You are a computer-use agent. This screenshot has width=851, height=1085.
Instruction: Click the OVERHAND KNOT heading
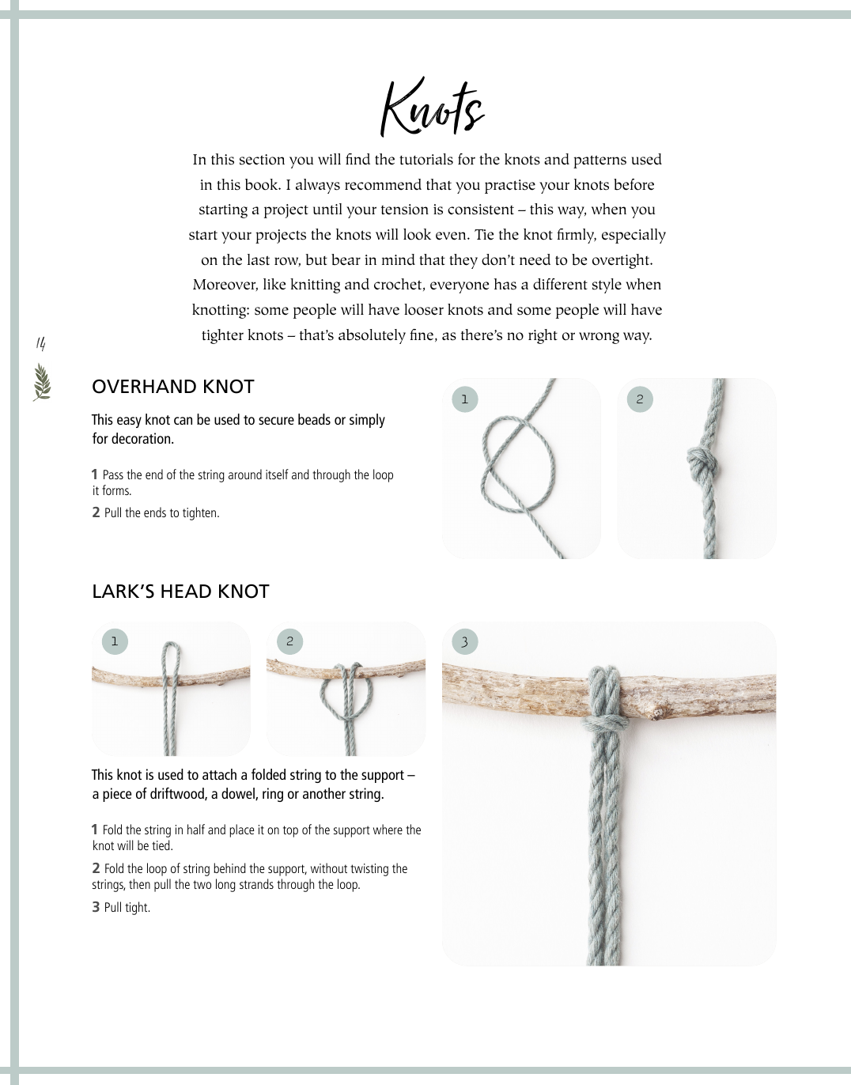[x=172, y=387]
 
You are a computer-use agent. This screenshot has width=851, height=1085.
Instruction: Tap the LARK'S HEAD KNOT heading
[x=180, y=592]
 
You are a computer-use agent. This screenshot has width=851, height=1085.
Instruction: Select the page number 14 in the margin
[x=40, y=343]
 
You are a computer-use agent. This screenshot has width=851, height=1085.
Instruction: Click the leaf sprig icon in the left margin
[x=42, y=382]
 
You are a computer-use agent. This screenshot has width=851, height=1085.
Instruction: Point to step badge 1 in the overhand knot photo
[x=464, y=399]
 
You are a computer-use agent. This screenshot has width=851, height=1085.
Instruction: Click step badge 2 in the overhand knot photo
[x=640, y=399]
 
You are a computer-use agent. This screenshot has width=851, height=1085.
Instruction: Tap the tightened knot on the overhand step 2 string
[x=699, y=460]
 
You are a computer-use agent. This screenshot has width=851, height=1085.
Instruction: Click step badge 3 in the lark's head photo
[x=464, y=641]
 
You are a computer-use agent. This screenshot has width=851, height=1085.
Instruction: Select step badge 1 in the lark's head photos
[x=115, y=641]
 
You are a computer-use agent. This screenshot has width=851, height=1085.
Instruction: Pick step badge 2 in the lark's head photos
[x=289, y=641]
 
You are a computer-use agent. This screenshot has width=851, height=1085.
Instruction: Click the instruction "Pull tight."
[x=127, y=908]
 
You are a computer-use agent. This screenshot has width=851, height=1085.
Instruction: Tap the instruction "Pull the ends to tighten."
[x=161, y=513]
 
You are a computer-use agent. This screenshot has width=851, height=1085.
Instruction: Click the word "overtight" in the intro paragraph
[x=620, y=260]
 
